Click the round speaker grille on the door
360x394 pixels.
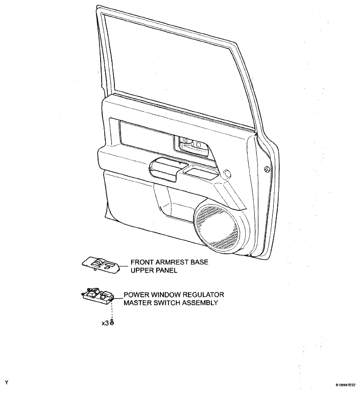217,227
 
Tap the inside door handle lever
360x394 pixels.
191,145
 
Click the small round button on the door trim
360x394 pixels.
227,173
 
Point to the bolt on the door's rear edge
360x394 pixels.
267,169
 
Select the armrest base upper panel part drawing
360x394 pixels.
101,265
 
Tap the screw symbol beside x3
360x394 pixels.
112,322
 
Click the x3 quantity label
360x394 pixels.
105,323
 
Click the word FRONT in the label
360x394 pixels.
142,262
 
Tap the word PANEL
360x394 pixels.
166,270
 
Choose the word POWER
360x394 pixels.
135,294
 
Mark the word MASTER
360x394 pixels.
137,303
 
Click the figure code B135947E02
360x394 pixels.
345,385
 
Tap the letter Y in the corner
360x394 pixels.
7,383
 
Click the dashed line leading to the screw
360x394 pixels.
112,310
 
